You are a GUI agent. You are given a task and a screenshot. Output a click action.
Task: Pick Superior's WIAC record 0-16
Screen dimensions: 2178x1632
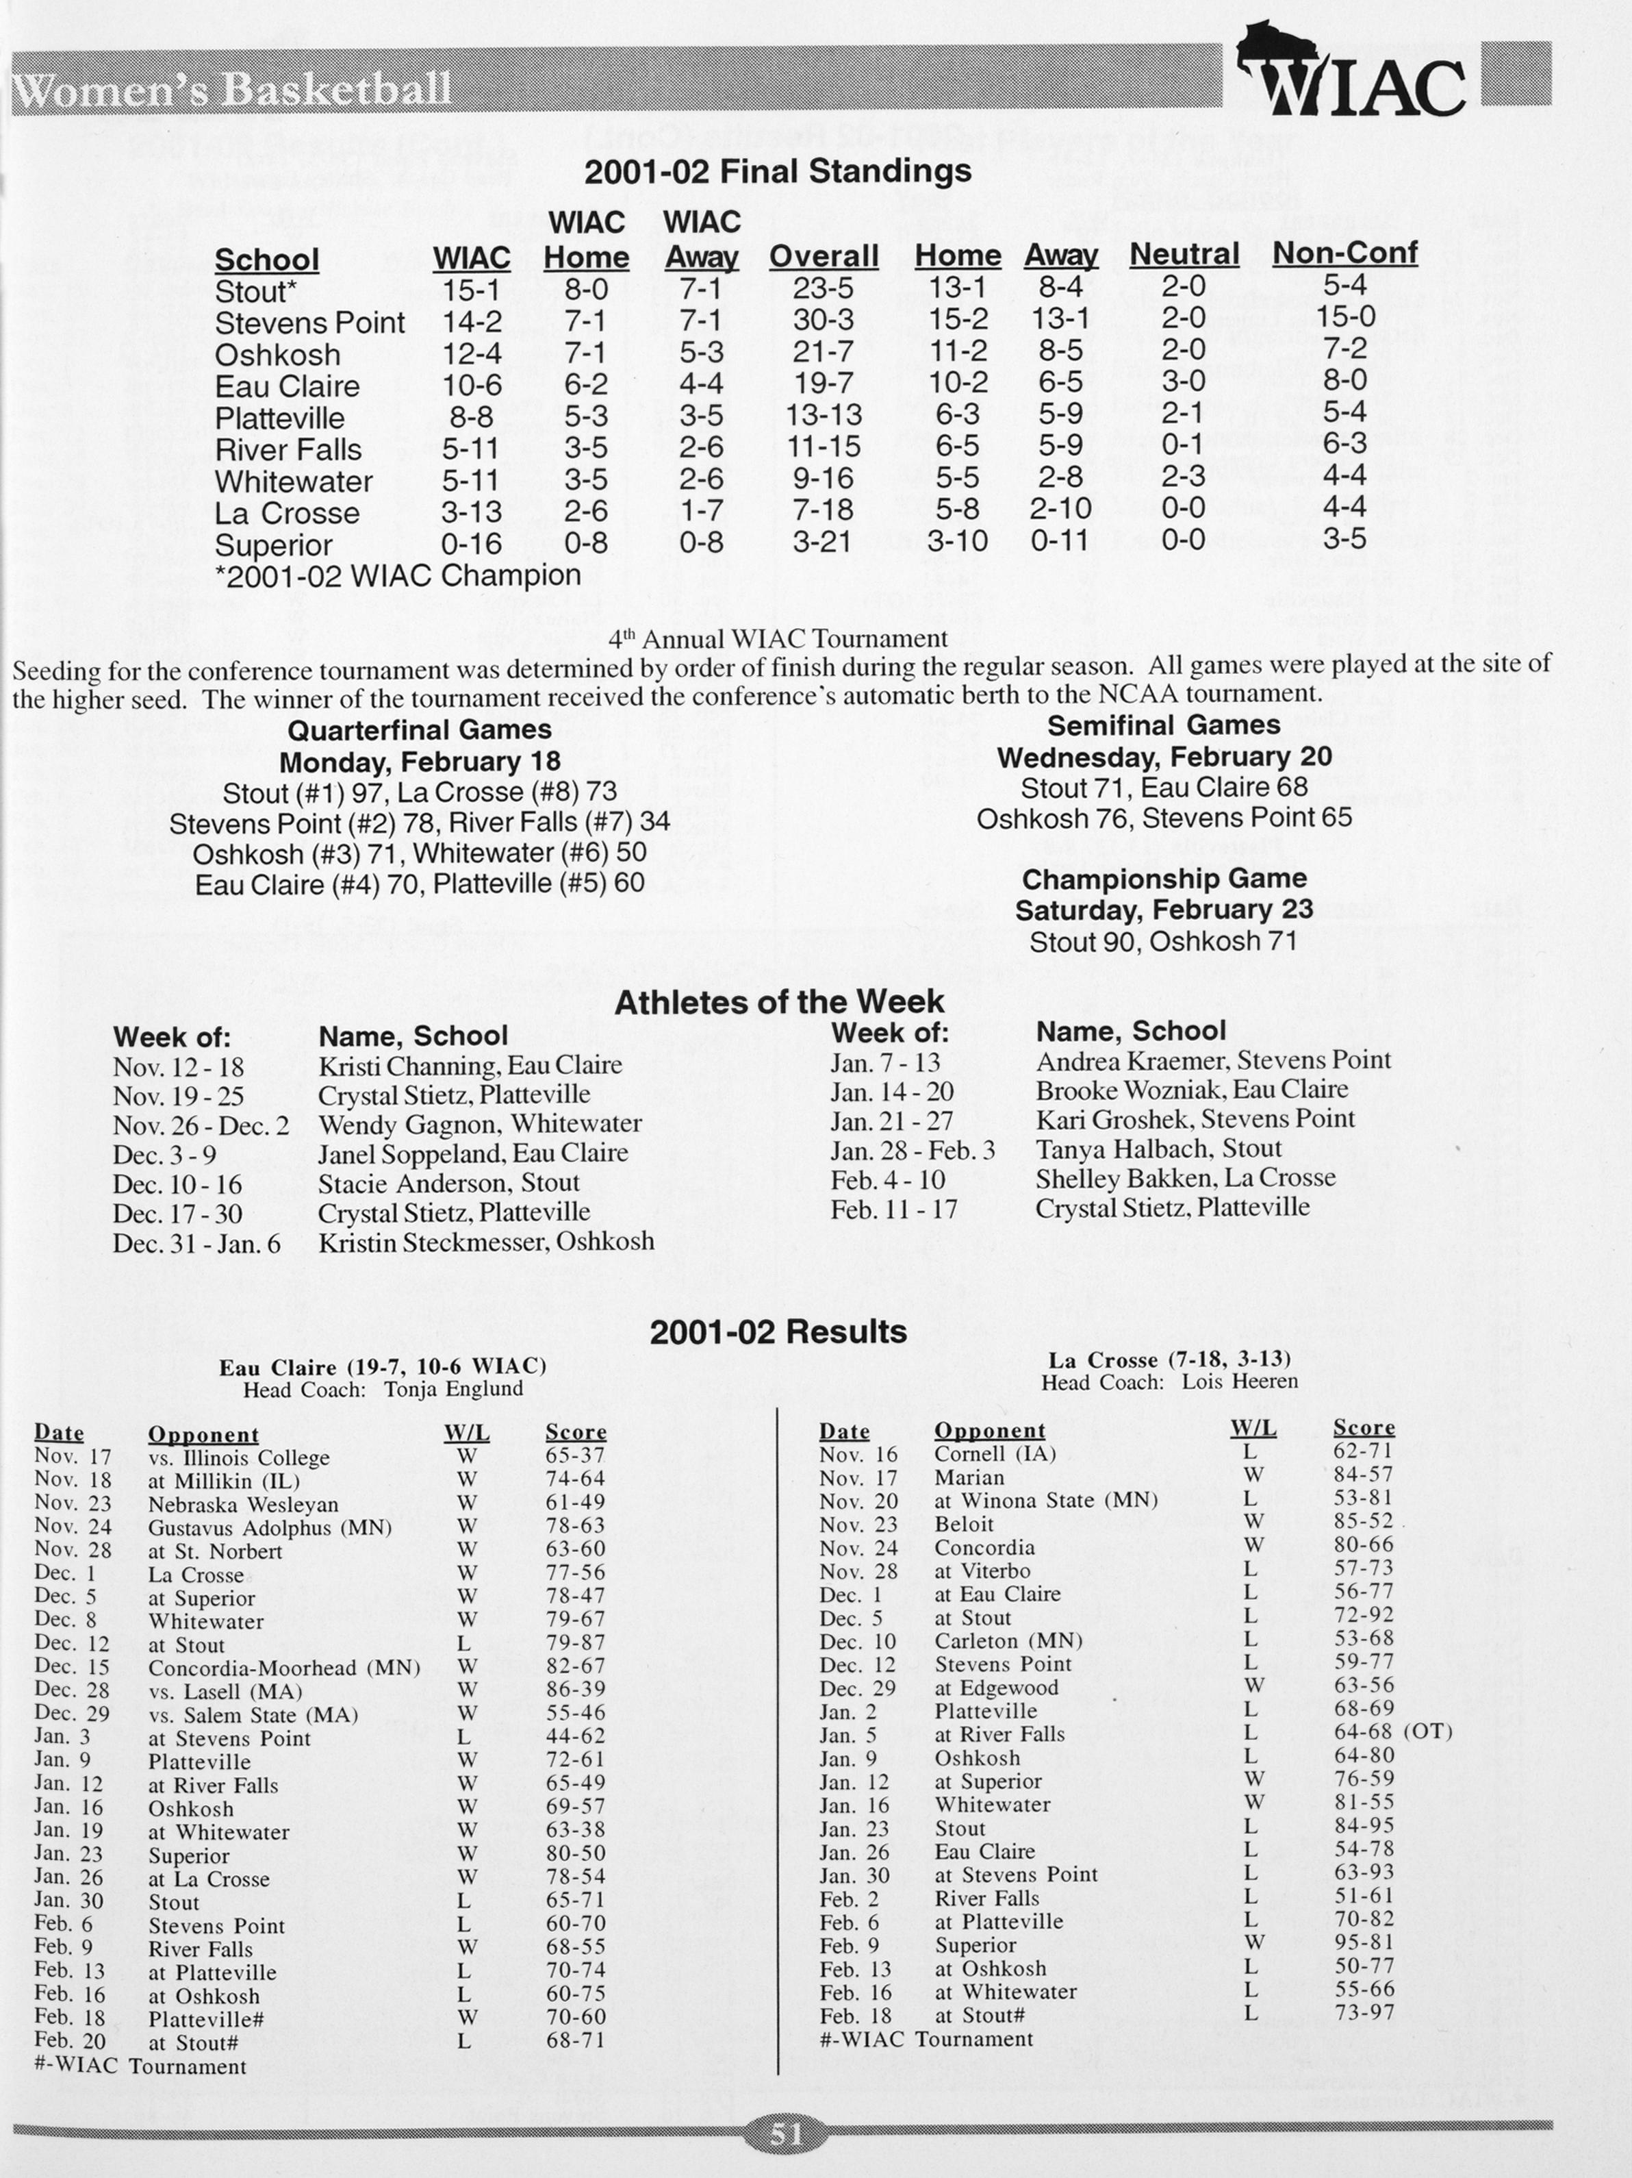[472, 544]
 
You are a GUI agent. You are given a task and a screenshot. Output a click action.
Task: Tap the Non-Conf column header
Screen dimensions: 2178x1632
[1344, 253]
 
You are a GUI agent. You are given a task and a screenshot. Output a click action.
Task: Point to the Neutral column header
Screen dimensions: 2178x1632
[1184, 254]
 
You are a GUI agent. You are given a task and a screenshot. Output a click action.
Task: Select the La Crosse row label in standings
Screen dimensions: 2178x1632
[286, 512]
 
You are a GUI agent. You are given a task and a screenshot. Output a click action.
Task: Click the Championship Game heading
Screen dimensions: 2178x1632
[1164, 878]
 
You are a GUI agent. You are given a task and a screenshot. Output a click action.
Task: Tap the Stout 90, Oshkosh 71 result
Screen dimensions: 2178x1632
[1164, 941]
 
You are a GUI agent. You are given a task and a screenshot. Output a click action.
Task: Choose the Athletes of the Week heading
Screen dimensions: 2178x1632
[778, 1001]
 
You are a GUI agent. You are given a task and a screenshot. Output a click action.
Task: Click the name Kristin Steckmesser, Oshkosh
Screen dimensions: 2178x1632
[485, 1242]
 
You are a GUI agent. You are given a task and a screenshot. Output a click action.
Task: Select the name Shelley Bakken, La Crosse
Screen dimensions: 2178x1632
[1185, 1177]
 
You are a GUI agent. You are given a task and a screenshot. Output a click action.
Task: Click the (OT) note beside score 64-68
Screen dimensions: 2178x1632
[1426, 1731]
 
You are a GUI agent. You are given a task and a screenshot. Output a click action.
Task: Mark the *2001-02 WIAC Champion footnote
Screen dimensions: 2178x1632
[398, 575]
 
